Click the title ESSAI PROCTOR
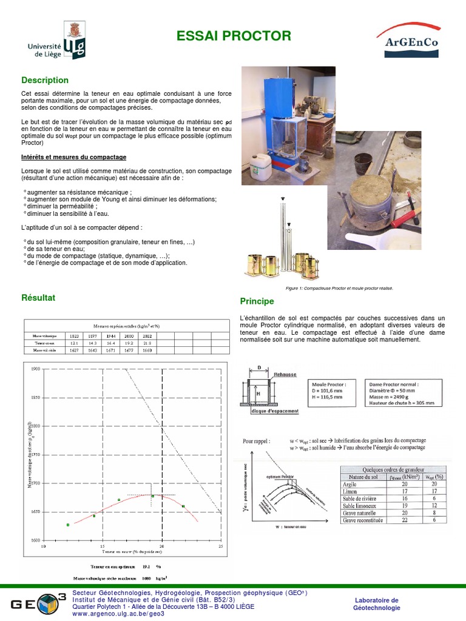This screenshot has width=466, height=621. point(234,36)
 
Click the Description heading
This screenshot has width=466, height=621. point(45,80)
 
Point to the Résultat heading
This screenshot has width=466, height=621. point(38,298)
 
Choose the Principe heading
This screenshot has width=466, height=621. point(257,301)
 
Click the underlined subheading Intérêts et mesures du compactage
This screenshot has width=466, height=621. point(73,157)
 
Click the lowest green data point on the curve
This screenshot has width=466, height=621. point(68,525)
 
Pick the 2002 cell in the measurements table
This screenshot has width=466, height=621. point(146,335)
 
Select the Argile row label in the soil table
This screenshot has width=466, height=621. point(350,484)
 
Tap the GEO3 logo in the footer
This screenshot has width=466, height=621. point(38,603)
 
